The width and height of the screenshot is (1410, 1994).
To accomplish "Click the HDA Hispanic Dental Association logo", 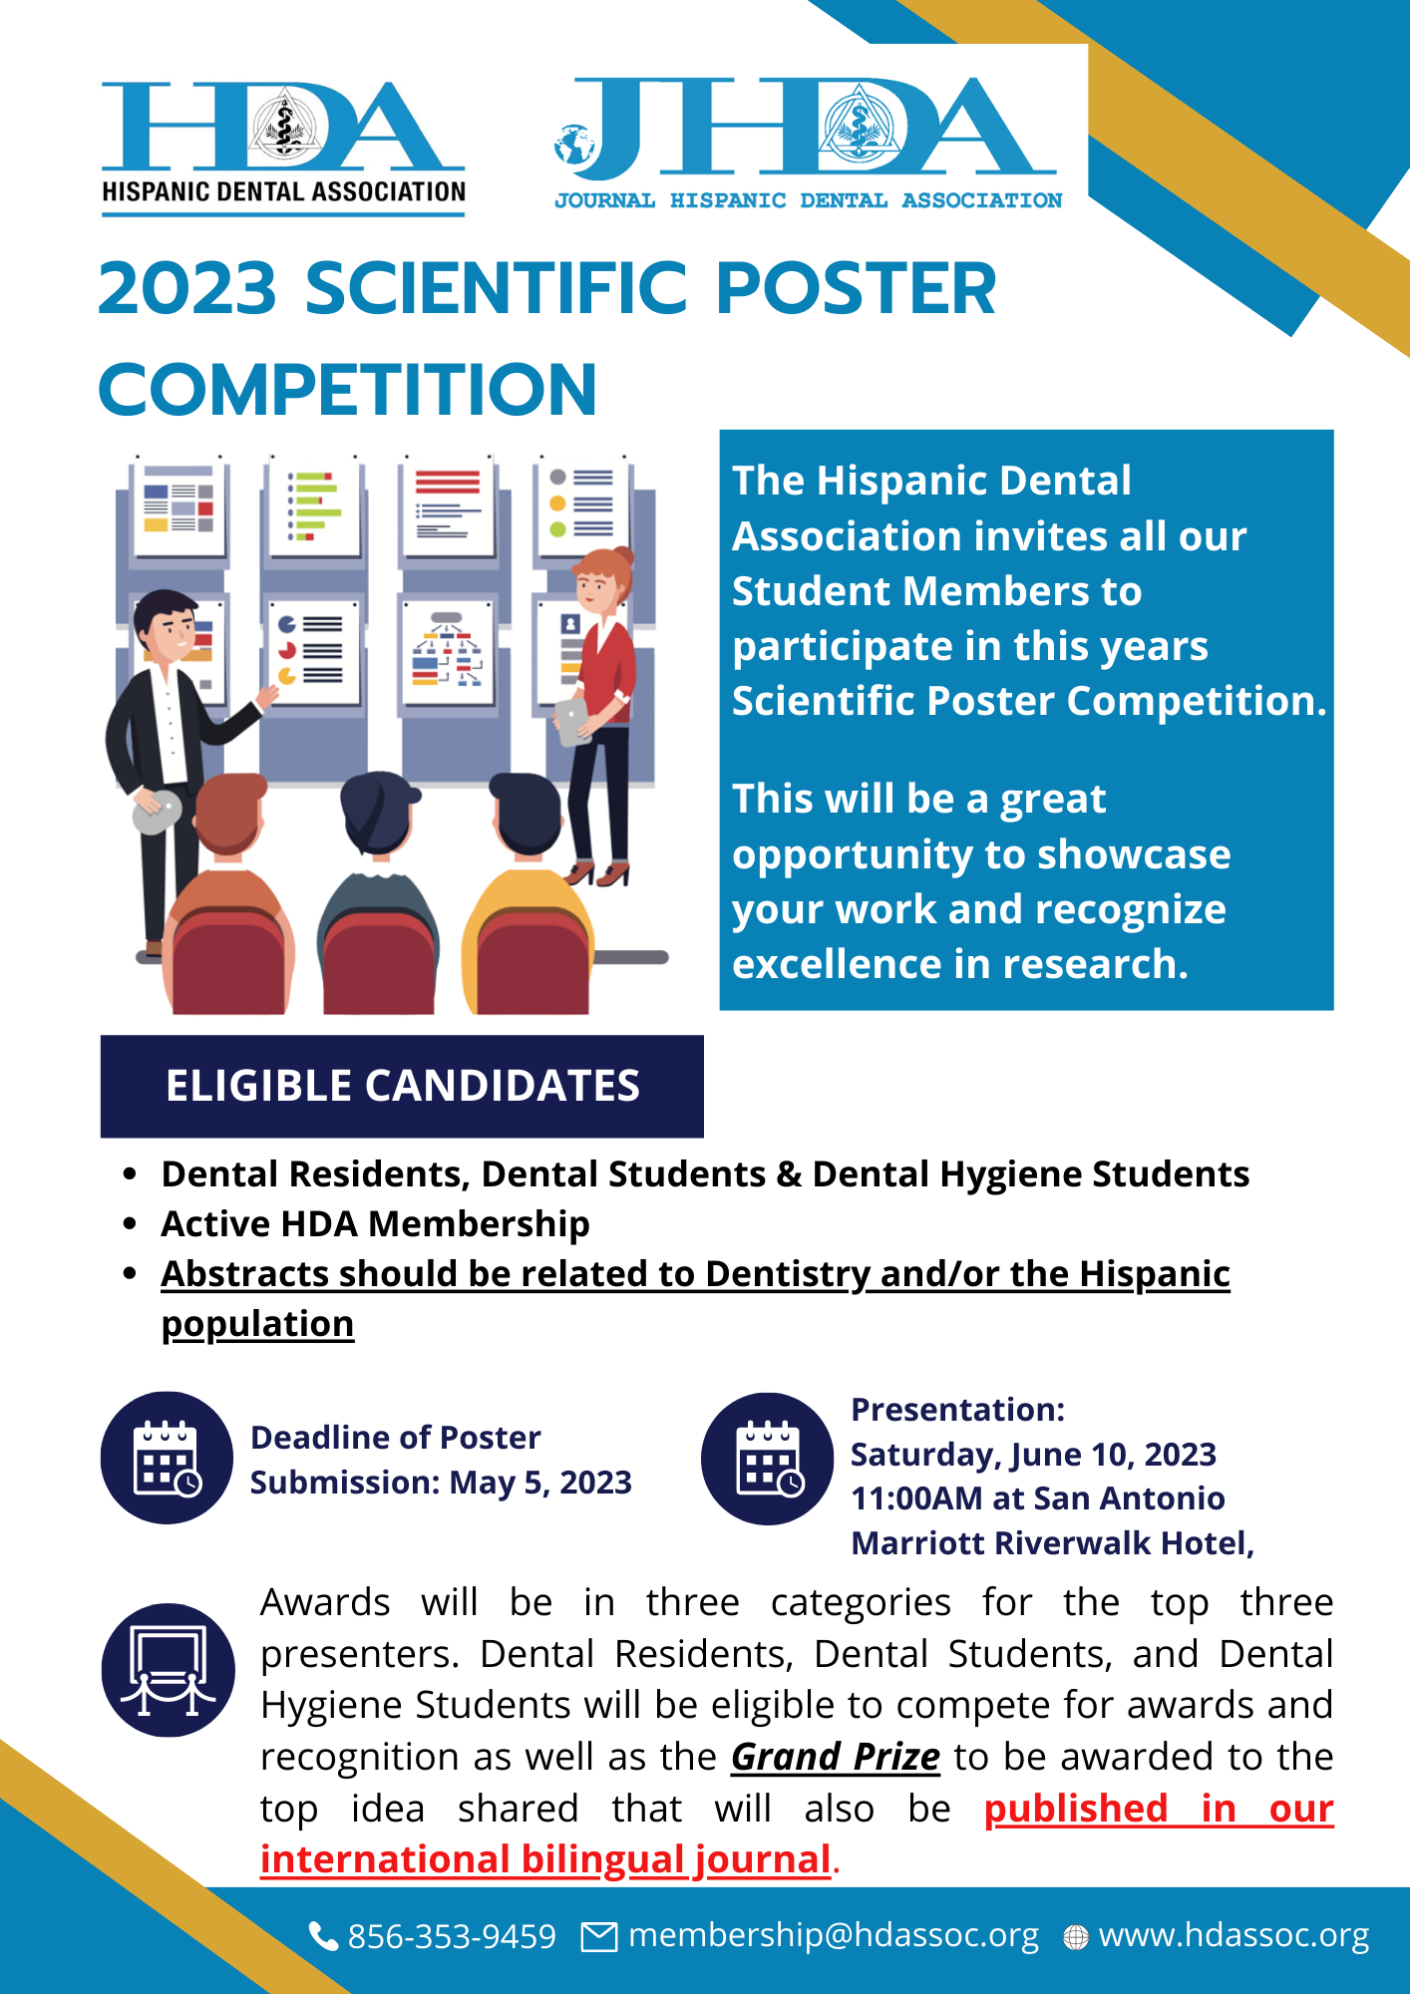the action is click(283, 148).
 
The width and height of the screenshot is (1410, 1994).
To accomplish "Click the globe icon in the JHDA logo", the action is click(574, 145).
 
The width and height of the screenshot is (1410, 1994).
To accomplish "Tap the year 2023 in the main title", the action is click(187, 288).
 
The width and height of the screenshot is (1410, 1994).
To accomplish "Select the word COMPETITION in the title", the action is click(348, 389).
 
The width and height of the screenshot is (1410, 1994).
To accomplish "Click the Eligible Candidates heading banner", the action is click(402, 1086).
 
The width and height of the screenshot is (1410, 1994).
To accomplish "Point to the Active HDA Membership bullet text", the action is click(375, 1223).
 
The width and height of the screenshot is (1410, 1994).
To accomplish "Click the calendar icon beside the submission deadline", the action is click(167, 1458).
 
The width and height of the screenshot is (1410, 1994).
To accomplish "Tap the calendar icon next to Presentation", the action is click(768, 1459).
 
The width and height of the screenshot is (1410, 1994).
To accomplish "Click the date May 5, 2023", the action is click(540, 1483).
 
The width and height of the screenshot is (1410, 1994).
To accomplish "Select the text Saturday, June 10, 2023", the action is click(1033, 1455).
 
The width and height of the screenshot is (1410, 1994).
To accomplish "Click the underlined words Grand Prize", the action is click(836, 1757).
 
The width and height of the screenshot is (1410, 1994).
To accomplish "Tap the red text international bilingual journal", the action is click(545, 1859).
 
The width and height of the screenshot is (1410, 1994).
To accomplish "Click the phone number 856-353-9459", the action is click(452, 1936).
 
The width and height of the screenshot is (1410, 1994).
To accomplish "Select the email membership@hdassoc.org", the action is click(834, 1935).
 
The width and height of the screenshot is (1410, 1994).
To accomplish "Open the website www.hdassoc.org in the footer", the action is click(1234, 1935).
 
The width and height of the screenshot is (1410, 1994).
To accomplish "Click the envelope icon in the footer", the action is click(599, 1936).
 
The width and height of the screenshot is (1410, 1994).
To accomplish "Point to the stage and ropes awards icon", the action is click(168, 1670).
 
